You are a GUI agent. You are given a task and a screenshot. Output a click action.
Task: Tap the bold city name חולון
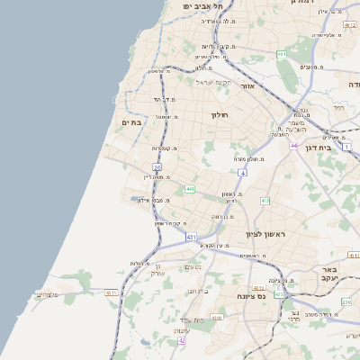[220, 115]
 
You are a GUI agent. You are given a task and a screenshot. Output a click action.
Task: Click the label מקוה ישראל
[214, 83]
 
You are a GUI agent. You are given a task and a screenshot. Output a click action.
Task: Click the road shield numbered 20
[157, 167]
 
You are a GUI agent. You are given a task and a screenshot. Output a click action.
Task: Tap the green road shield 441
[190, 189]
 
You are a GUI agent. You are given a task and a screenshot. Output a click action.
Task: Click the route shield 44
[293, 144]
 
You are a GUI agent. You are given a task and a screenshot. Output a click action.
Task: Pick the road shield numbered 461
[282, 55]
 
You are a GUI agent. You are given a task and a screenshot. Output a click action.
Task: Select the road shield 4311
[112, 292]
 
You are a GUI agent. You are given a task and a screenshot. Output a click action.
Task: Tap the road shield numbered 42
[182, 340]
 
